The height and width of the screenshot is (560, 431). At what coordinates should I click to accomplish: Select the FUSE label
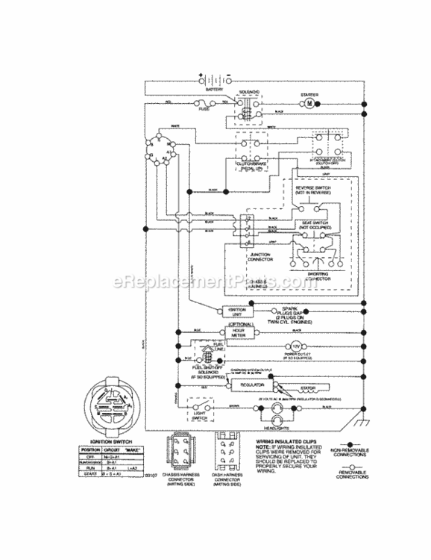point(204,109)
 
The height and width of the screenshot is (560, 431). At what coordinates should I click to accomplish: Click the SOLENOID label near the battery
point(249,93)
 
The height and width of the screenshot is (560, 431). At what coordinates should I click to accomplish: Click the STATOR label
point(306,386)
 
